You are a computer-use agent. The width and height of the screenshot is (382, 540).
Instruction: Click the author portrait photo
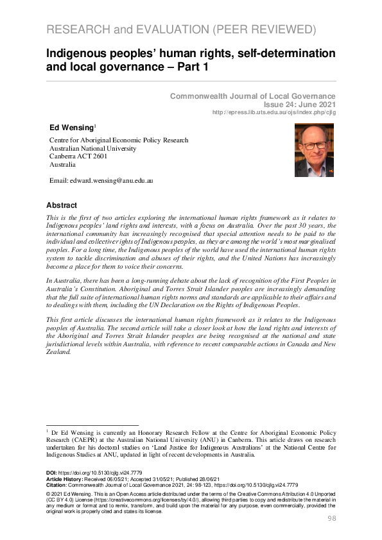(314, 150)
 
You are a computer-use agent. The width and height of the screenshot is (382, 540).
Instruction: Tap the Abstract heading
(62, 205)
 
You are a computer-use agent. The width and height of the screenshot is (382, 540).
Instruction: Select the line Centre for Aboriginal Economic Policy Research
(119, 140)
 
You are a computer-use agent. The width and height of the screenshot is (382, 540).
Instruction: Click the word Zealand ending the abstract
(60, 352)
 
